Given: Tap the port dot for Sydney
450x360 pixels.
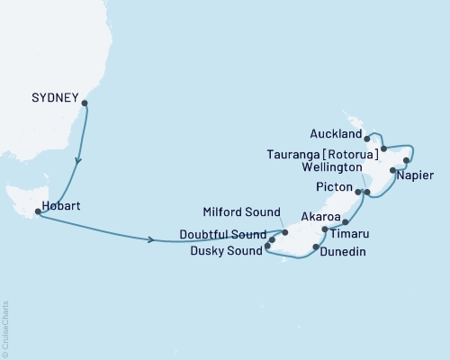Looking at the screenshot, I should pyautogui.click(x=85, y=103).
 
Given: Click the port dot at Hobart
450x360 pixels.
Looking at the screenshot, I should pyautogui.click(x=37, y=212).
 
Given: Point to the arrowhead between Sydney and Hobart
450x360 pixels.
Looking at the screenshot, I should pyautogui.click(x=77, y=163).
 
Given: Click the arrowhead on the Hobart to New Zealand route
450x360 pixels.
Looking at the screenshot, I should pyautogui.click(x=150, y=239).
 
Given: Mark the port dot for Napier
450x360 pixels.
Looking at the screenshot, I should pyautogui.click(x=392, y=169).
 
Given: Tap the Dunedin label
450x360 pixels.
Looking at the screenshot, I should pyautogui.click(x=342, y=254).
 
